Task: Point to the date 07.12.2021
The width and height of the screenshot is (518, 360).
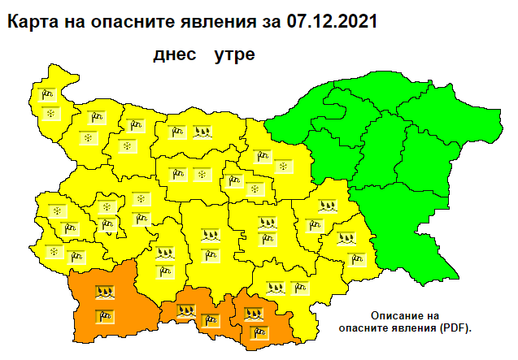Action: coord(332,22)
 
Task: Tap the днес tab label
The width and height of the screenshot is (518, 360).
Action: coord(175,56)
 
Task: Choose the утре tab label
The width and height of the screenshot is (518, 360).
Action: coord(234,56)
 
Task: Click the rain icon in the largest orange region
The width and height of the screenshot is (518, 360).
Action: coord(104,291)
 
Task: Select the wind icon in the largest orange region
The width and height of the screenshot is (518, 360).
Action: coord(104,315)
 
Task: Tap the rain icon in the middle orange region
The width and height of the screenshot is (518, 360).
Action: coord(186,309)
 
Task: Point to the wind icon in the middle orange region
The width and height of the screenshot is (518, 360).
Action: coord(211,319)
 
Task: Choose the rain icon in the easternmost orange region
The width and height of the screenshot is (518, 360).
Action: coord(253,311)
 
